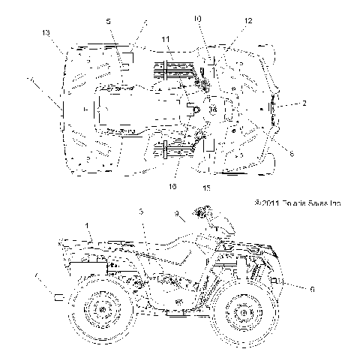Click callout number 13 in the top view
(x=46, y=34)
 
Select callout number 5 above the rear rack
(x=109, y=22)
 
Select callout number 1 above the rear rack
(x=87, y=224)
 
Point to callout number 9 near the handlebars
(x=178, y=214)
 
